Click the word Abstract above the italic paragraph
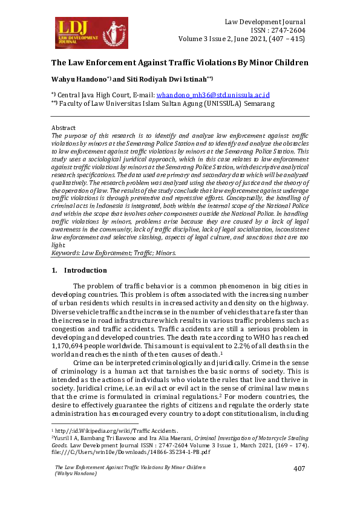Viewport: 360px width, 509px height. [64, 129]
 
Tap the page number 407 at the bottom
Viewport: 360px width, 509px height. [299, 469]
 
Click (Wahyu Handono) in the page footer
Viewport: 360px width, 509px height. [76, 473]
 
